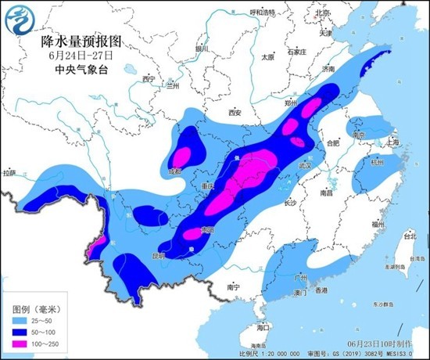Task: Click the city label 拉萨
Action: [9, 172]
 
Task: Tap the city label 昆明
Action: [159, 255]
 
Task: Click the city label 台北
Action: [409, 234]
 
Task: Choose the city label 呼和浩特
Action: [263, 13]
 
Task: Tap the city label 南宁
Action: [232, 287]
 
